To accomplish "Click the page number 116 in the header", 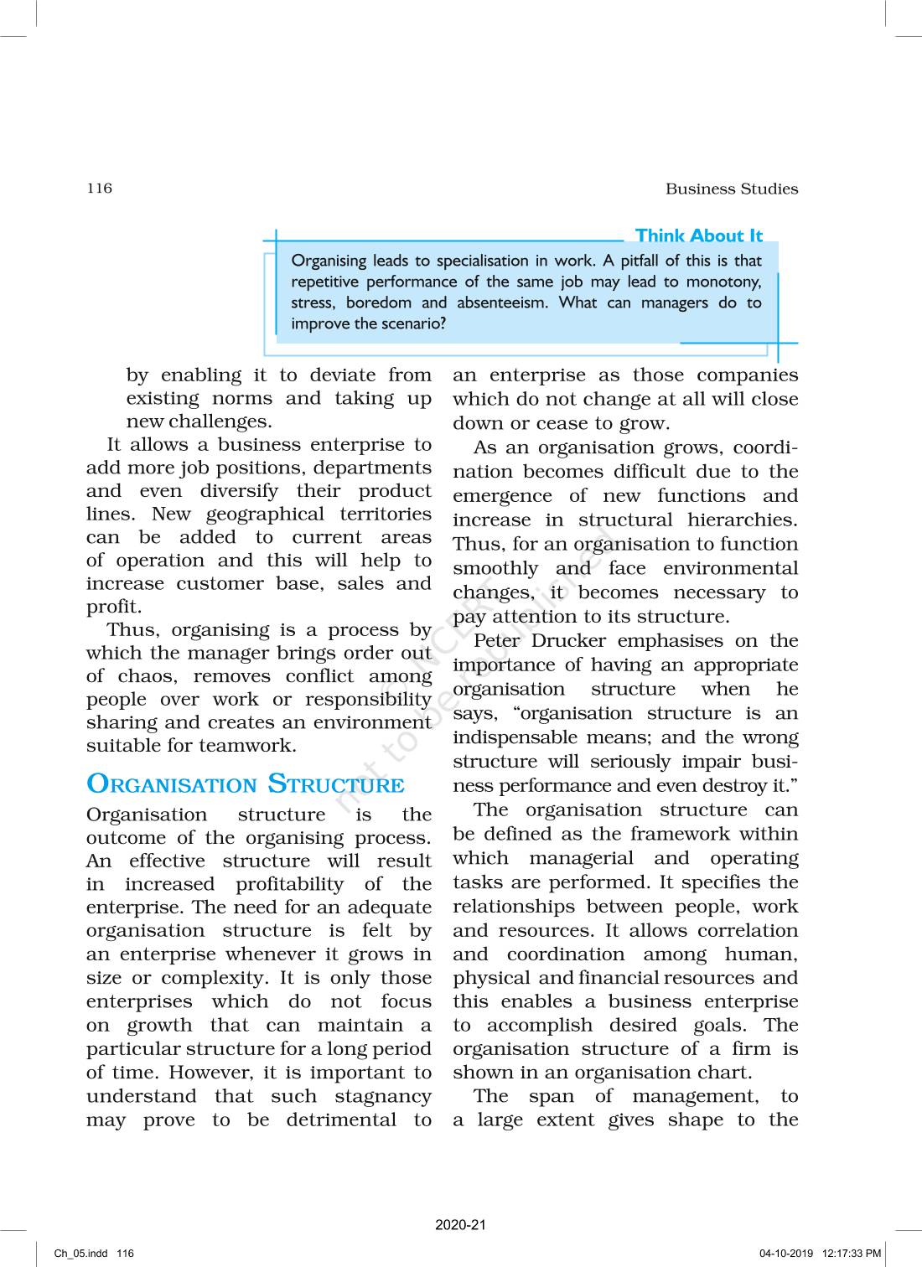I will tap(99, 188).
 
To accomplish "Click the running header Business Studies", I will tap(731, 189).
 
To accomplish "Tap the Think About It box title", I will tap(698, 236).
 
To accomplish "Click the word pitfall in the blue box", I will tap(630, 261).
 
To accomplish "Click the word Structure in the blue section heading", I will tap(335, 784).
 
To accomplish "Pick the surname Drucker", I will tap(568, 641).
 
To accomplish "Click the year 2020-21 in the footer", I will tap(460, 1225).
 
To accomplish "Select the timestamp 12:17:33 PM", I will tap(852, 1254).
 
